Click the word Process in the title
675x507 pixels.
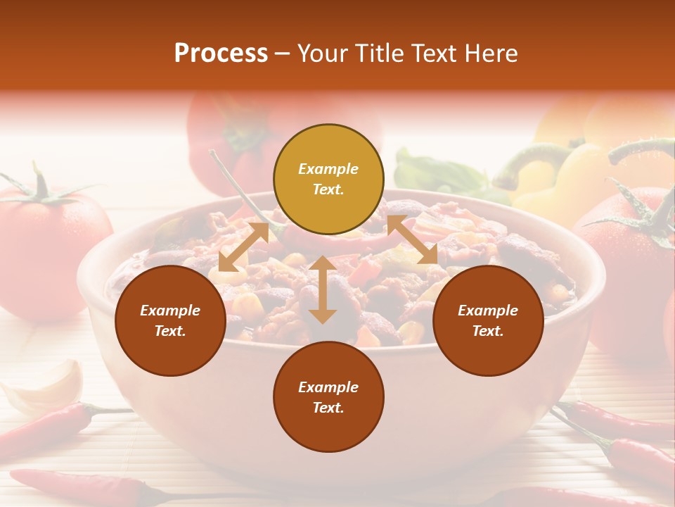tap(221, 54)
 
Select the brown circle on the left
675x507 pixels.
tap(170, 320)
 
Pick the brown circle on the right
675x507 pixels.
tap(488, 320)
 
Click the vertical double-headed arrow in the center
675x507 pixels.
tap(322, 289)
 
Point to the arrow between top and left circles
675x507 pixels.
tap(243, 246)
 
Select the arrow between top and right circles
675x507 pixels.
tap(412, 240)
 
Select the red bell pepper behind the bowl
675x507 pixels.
tap(232, 141)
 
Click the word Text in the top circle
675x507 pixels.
tap(328, 189)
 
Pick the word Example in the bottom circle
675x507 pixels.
tap(328, 387)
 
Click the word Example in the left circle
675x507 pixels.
tap(170, 310)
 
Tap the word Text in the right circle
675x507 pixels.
tap(488, 330)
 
